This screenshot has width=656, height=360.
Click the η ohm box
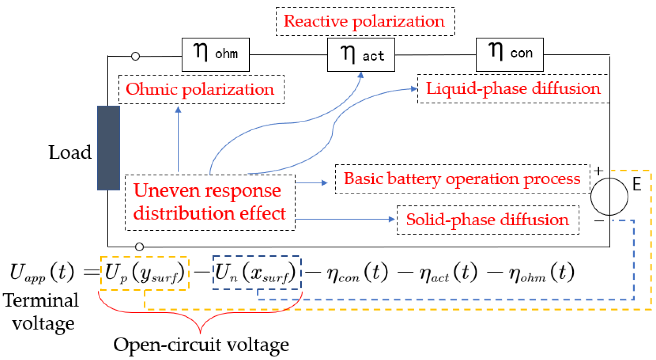pyautogui.click(x=215, y=54)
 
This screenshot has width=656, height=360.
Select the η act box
pyautogui.click(x=361, y=55)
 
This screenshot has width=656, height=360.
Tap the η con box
pyautogui.click(x=509, y=54)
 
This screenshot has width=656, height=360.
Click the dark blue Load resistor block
pyautogui.click(x=109, y=148)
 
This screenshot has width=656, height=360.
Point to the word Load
pyautogui.click(x=70, y=152)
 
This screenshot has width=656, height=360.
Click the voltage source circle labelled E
pyautogui.click(x=609, y=197)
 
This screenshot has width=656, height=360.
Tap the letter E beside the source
pyautogui.click(x=637, y=184)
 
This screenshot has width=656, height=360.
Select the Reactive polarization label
pyautogui.click(x=364, y=21)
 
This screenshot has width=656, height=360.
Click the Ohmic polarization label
pyautogui.click(x=200, y=89)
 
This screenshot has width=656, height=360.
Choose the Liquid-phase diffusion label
pyautogui.click(x=513, y=89)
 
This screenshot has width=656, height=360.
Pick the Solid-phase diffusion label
pyautogui.click(x=487, y=220)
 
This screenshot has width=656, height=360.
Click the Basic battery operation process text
pyautogui.click(x=462, y=179)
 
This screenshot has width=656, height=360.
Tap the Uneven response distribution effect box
pyautogui.click(x=210, y=202)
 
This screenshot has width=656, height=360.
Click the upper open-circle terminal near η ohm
pyautogui.click(x=135, y=56)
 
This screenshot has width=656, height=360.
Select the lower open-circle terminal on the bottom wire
pyautogui.click(x=139, y=247)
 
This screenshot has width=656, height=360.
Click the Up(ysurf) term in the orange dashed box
pyautogui.click(x=145, y=273)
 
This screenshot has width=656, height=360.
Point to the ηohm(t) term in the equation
pyautogui.click(x=541, y=273)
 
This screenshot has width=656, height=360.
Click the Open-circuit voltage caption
pyautogui.click(x=201, y=345)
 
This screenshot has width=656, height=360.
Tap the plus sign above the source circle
pyautogui.click(x=599, y=171)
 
